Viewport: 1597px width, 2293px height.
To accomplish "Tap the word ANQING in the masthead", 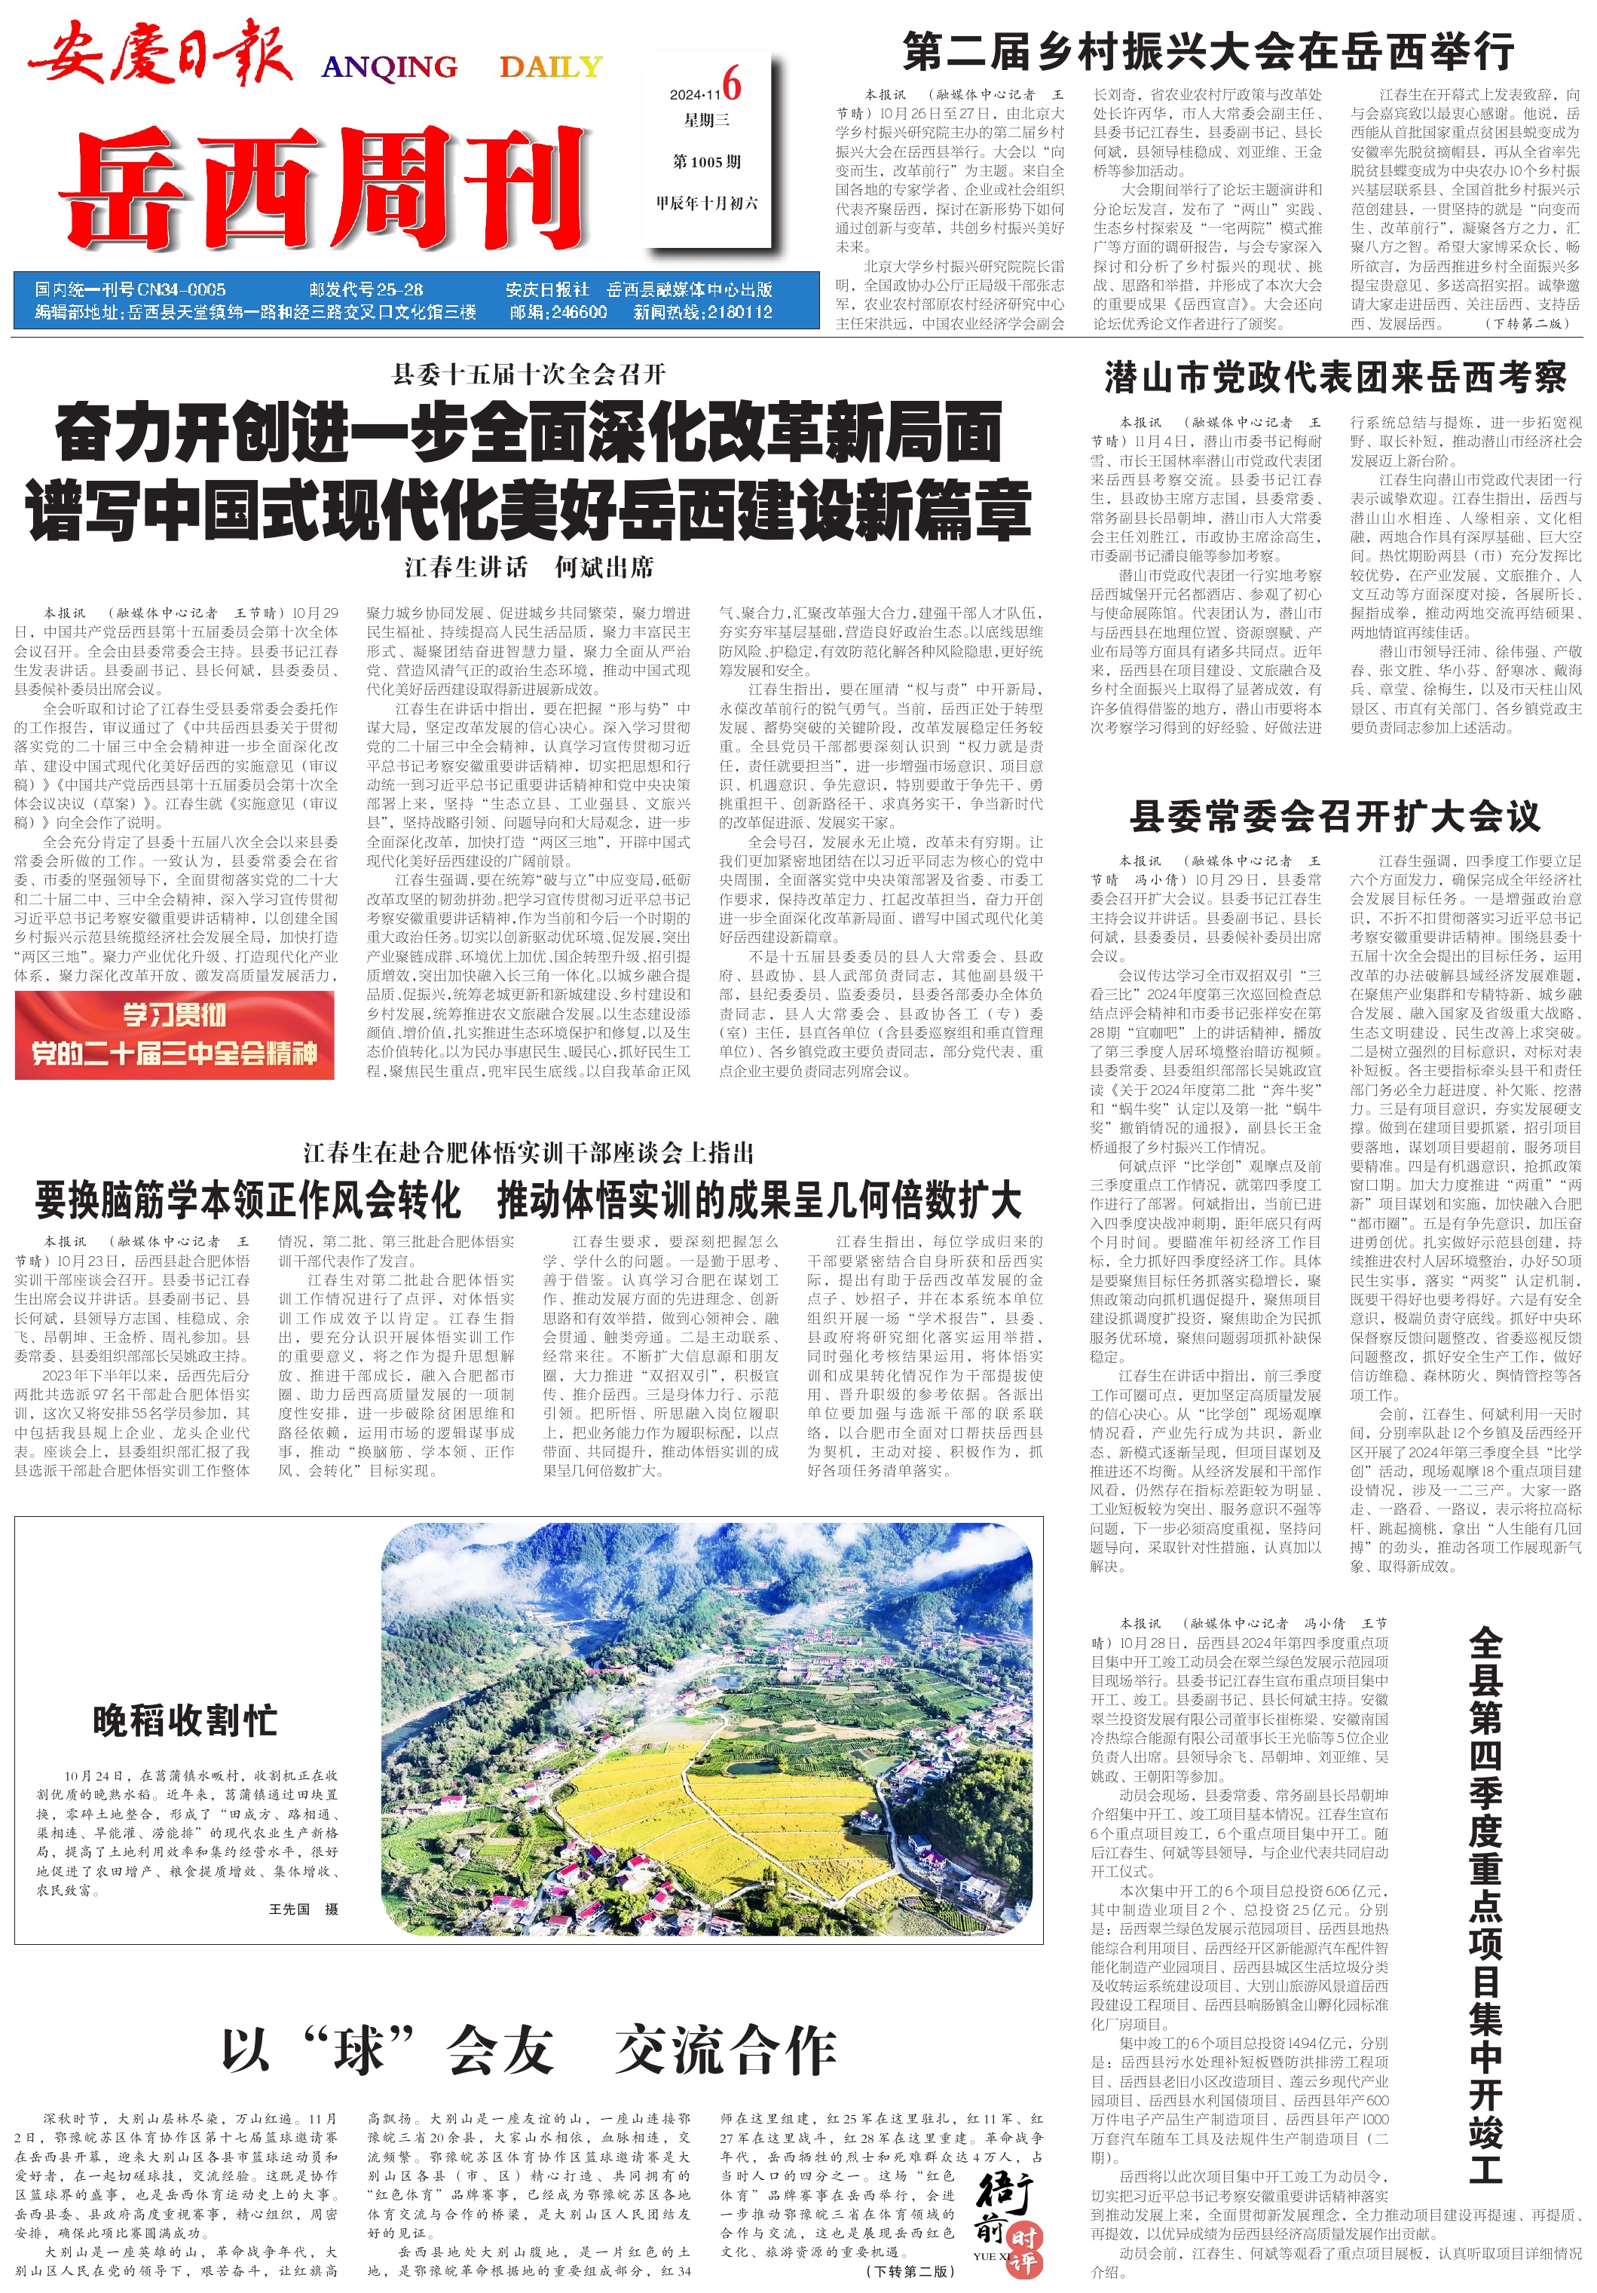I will click(389, 67).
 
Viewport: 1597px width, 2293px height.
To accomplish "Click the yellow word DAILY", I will click(550, 67).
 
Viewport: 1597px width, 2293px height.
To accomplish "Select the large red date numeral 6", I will click(732, 84).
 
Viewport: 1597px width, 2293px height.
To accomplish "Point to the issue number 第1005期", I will click(707, 162).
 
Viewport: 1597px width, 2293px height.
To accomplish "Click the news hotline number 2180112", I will click(739, 312).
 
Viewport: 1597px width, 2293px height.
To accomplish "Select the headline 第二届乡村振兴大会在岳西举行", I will click(1207, 50).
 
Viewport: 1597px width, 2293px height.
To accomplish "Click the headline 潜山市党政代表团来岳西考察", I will click(1335, 378).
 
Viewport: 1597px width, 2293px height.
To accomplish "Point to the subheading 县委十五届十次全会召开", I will click(528, 375).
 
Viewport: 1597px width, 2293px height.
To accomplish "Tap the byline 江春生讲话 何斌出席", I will click(528, 567).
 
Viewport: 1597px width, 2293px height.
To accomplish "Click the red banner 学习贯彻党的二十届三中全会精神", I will click(175, 1035).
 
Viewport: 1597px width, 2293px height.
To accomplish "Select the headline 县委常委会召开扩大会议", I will click(1335, 816).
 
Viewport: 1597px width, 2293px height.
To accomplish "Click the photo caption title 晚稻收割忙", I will click(185, 1720).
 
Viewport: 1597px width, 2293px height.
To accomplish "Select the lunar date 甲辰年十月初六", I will click(707, 203).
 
